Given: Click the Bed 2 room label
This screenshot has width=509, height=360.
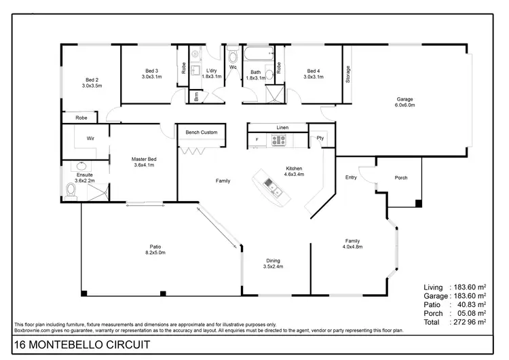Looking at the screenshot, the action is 92,79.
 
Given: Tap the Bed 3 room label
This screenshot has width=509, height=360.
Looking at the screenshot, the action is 151,71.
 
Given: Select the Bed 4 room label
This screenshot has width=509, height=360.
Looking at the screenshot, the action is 313,71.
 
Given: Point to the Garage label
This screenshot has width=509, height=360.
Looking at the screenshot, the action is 405,100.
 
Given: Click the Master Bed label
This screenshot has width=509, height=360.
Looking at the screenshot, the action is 144,160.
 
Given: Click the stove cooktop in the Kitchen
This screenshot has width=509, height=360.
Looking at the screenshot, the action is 278,141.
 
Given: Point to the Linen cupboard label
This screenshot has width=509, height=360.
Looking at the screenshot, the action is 282,127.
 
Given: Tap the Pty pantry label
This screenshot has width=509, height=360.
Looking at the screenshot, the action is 319,138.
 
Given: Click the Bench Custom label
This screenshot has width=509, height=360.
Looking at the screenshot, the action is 202,132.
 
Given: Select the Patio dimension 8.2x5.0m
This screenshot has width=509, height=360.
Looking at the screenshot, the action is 155,253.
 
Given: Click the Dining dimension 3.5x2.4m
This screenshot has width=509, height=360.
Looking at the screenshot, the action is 273,267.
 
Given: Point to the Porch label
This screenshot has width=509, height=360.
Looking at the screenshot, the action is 401,178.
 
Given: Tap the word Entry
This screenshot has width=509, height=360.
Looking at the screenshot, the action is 351,178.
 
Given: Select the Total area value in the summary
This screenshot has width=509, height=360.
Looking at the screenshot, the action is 468,322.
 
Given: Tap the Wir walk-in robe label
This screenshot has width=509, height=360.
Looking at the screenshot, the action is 90,138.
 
